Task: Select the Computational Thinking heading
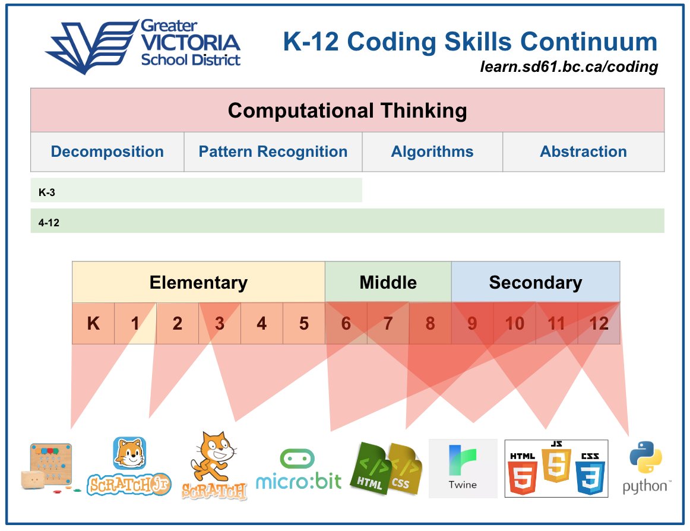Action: [x=347, y=110]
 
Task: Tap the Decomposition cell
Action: [x=107, y=152]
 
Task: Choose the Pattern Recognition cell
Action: [x=273, y=152]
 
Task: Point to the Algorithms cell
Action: [x=432, y=152]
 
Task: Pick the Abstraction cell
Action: [x=583, y=152]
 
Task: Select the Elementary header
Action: [x=198, y=282]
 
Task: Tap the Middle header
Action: [x=388, y=282]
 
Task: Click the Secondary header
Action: [x=535, y=282]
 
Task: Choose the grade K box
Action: [x=93, y=324]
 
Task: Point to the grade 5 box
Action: [x=304, y=324]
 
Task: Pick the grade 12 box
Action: [x=599, y=324]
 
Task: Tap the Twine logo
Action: [x=463, y=469]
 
